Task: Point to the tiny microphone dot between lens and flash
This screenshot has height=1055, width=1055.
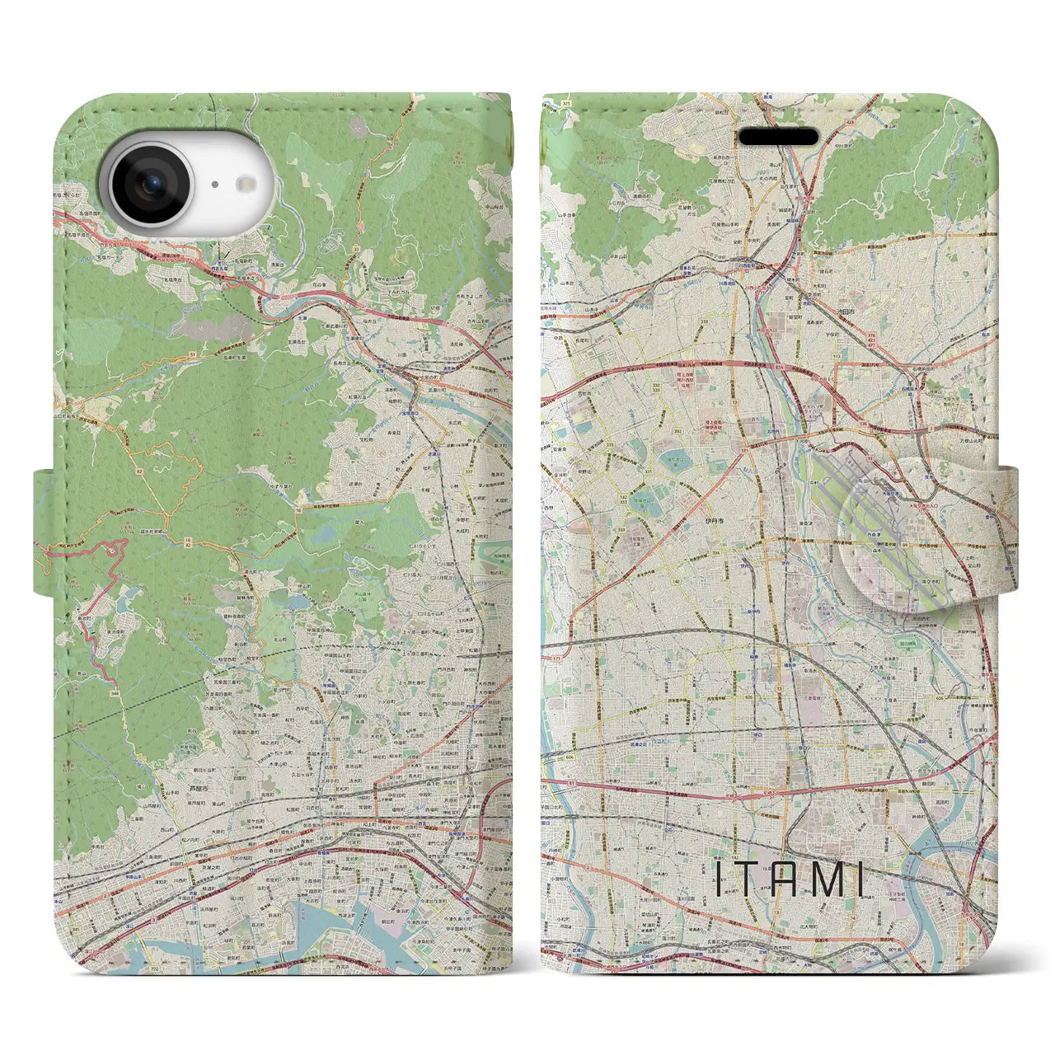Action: [213, 185]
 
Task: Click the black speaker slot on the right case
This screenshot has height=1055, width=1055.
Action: [777, 137]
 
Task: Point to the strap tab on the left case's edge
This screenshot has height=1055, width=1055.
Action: [45, 532]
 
